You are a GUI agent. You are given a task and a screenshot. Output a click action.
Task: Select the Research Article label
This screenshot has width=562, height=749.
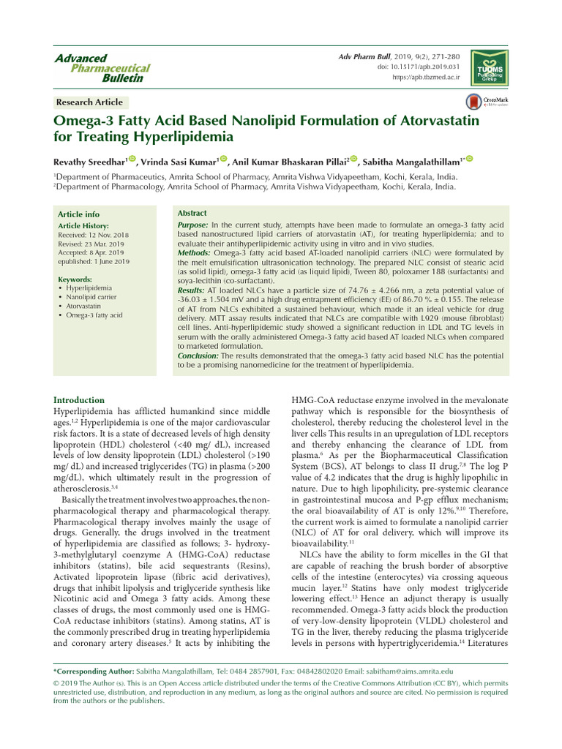click(89, 102)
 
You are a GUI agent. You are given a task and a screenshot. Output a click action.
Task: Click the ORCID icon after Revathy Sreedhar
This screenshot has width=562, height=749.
click(132, 159)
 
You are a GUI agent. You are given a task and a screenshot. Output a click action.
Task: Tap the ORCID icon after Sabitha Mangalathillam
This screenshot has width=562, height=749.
click(470, 159)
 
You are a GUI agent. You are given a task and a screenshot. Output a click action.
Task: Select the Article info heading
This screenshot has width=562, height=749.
click(78, 214)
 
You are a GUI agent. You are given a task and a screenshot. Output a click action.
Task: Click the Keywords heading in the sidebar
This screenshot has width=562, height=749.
click(75, 279)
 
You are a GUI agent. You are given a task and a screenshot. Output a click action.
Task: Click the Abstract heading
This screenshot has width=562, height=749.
click(192, 212)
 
